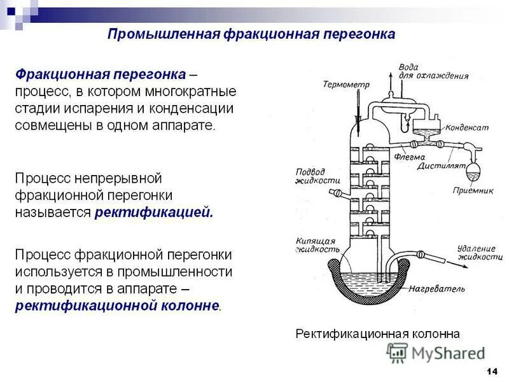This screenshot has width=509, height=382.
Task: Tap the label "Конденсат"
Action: pos(467,127)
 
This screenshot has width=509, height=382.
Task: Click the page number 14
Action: pos(491,371)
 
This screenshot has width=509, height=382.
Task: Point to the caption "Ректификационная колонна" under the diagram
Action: pos(377,334)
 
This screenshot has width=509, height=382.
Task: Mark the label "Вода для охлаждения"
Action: pos(433,71)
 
